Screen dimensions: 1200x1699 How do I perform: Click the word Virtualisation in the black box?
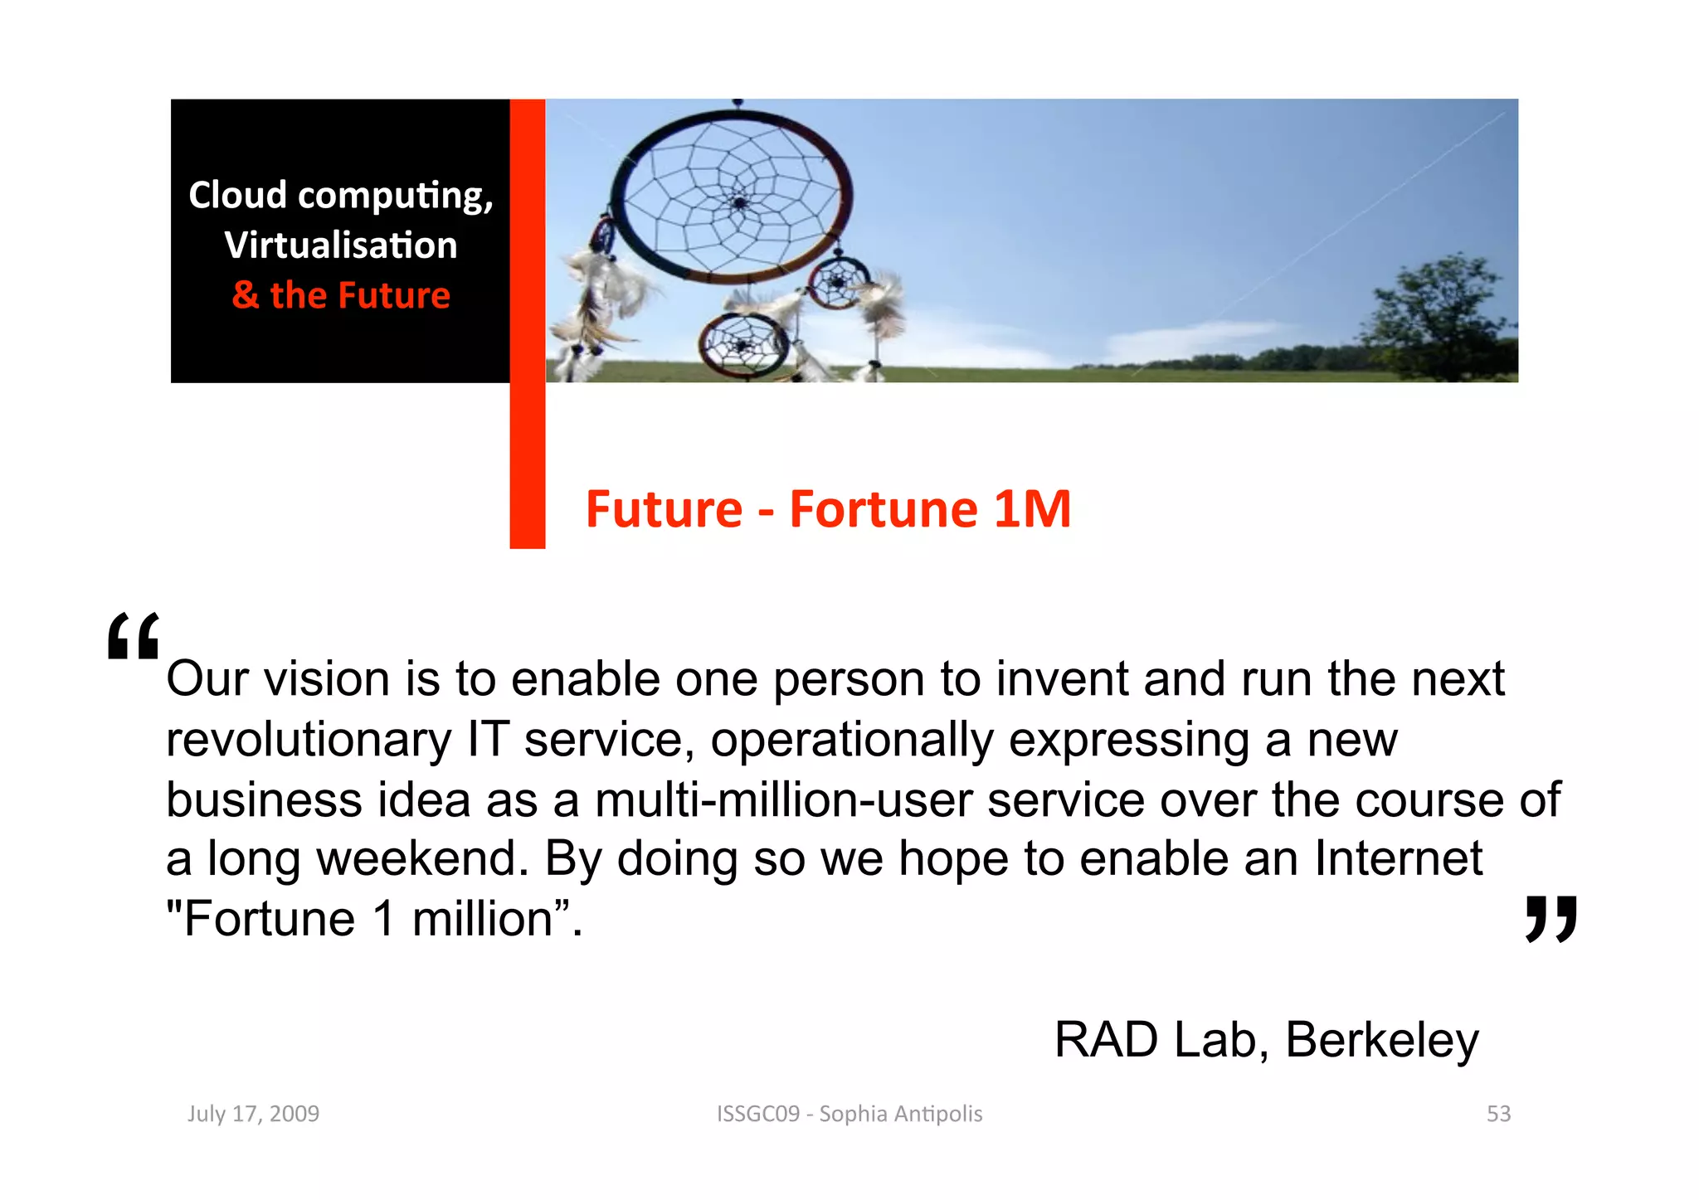340,245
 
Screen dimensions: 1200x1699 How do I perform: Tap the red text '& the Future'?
341,295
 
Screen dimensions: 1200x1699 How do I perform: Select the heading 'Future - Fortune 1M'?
828,508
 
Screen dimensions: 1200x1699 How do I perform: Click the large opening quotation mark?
133,637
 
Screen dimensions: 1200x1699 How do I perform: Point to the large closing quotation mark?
1551,918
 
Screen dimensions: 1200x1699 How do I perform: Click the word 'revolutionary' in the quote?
309,739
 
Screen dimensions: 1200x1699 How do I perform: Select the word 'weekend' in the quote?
421,858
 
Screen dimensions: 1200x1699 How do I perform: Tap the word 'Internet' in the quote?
1398,858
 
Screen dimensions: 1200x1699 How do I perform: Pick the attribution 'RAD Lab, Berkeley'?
1266,1040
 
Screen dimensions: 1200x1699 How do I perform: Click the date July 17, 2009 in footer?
253,1114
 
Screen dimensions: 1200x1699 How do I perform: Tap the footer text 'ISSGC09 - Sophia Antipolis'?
849,1114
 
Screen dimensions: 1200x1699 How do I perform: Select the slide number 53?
1498,1114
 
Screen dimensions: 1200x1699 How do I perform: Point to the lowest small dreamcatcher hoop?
743,344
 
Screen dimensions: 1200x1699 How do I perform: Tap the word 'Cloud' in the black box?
237,196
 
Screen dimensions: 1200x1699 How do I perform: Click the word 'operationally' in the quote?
851,739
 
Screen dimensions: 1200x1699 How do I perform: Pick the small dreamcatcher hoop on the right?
840,283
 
